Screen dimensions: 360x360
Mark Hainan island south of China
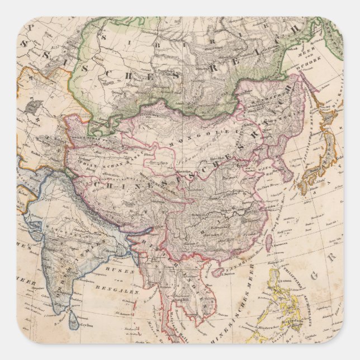pos(217,272)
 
